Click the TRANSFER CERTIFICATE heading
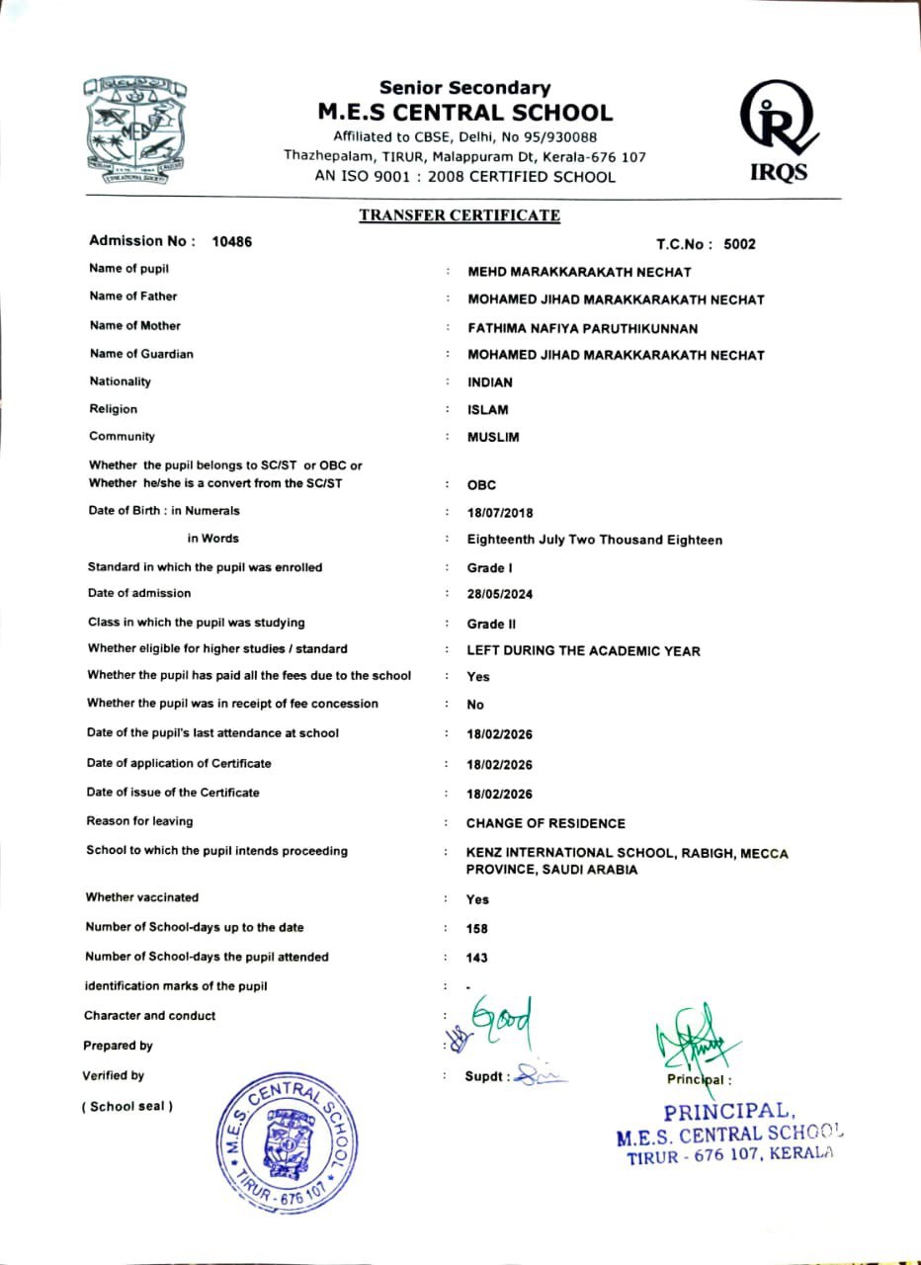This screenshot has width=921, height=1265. pyautogui.click(x=460, y=215)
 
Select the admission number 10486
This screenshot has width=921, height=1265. pyautogui.click(x=232, y=242)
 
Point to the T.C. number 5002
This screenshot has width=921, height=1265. pyautogui.click(x=739, y=244)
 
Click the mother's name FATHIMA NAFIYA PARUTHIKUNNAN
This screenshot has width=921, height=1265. pyautogui.click(x=583, y=328)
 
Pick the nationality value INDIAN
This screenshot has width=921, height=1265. pyautogui.click(x=490, y=382)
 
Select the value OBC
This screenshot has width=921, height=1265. pyautogui.click(x=481, y=485)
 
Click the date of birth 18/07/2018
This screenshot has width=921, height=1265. pyautogui.click(x=500, y=513)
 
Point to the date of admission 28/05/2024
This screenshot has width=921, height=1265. pyautogui.click(x=500, y=595)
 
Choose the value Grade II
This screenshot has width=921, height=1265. pyautogui.click(x=492, y=625)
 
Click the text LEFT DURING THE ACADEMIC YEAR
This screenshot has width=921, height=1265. pyautogui.click(x=583, y=651)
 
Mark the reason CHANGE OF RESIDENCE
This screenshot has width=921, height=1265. pyautogui.click(x=545, y=823)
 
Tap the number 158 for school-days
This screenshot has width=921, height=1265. pyautogui.click(x=477, y=929)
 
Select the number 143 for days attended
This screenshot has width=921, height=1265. pyautogui.click(x=477, y=958)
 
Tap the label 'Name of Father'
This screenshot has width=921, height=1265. pyautogui.click(x=133, y=296)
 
